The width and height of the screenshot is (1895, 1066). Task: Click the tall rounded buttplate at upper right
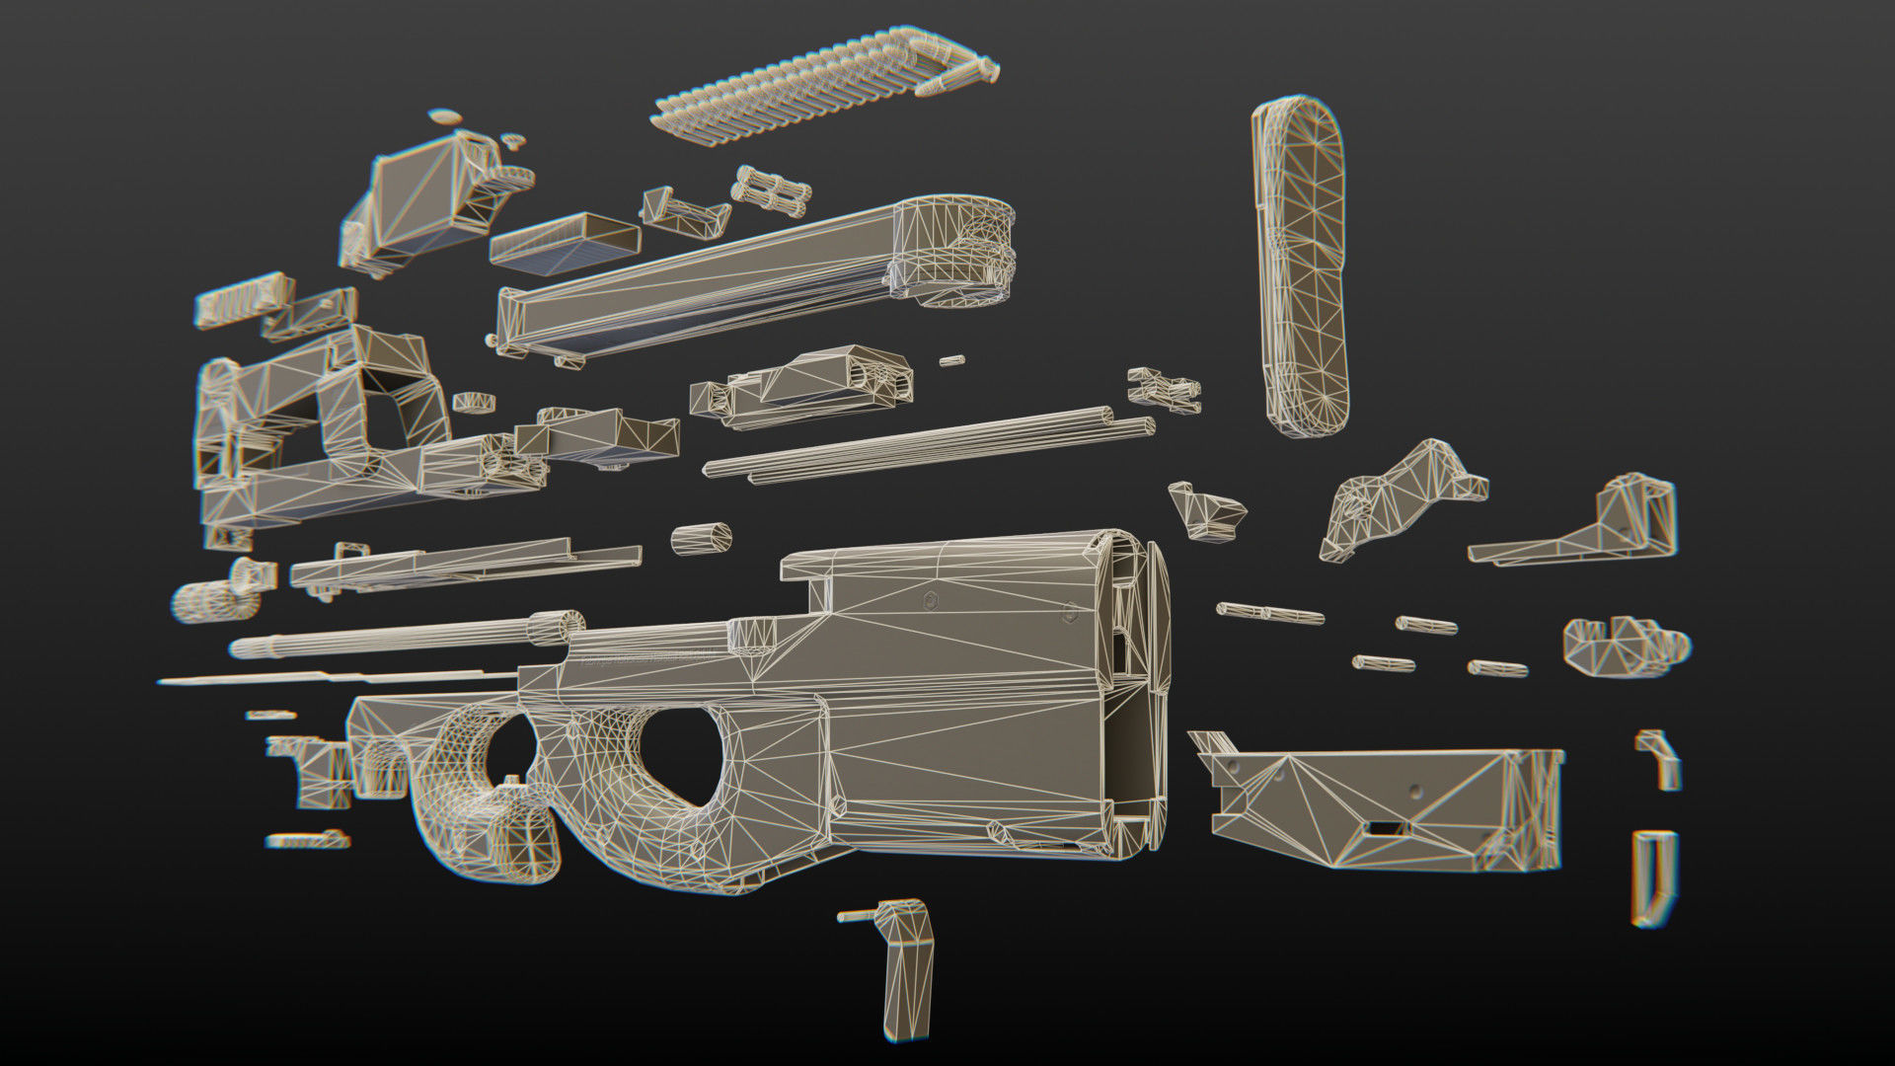tap(1301, 266)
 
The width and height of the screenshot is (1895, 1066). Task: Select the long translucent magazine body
tap(691, 286)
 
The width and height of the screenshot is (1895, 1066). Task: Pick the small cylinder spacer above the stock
tap(702, 539)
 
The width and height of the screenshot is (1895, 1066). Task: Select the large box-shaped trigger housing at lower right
tap(1382, 804)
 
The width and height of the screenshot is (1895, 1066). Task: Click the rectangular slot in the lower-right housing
tap(1379, 829)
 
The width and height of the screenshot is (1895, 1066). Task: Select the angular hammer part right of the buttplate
tap(1392, 498)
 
